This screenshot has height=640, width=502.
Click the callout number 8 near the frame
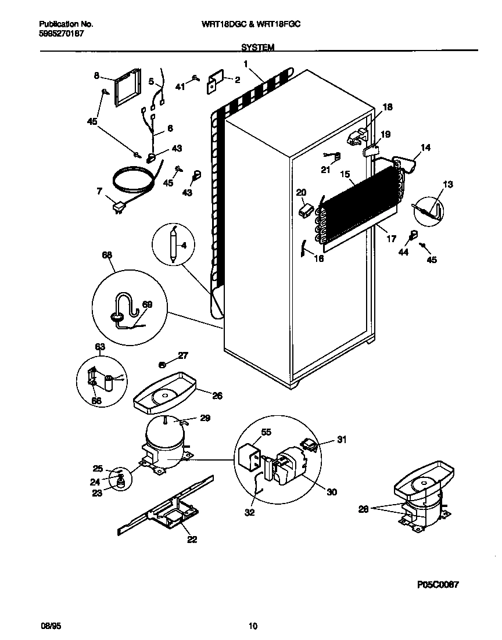click(97, 75)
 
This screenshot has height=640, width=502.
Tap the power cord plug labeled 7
click(119, 207)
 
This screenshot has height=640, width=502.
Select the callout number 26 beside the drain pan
click(217, 396)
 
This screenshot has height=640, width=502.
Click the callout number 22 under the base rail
click(192, 540)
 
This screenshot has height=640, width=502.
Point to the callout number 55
click(266, 433)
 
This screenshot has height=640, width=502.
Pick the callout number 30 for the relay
click(331, 492)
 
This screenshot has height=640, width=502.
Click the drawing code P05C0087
click(438, 585)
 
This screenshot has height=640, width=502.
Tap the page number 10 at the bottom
click(252, 626)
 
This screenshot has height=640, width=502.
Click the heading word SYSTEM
click(257, 48)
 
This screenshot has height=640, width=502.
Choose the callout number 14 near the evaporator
click(426, 148)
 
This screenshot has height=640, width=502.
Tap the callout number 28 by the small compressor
click(364, 509)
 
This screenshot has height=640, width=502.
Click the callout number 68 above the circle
click(107, 255)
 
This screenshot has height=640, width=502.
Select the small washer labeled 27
click(163, 364)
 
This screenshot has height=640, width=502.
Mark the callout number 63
click(100, 347)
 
